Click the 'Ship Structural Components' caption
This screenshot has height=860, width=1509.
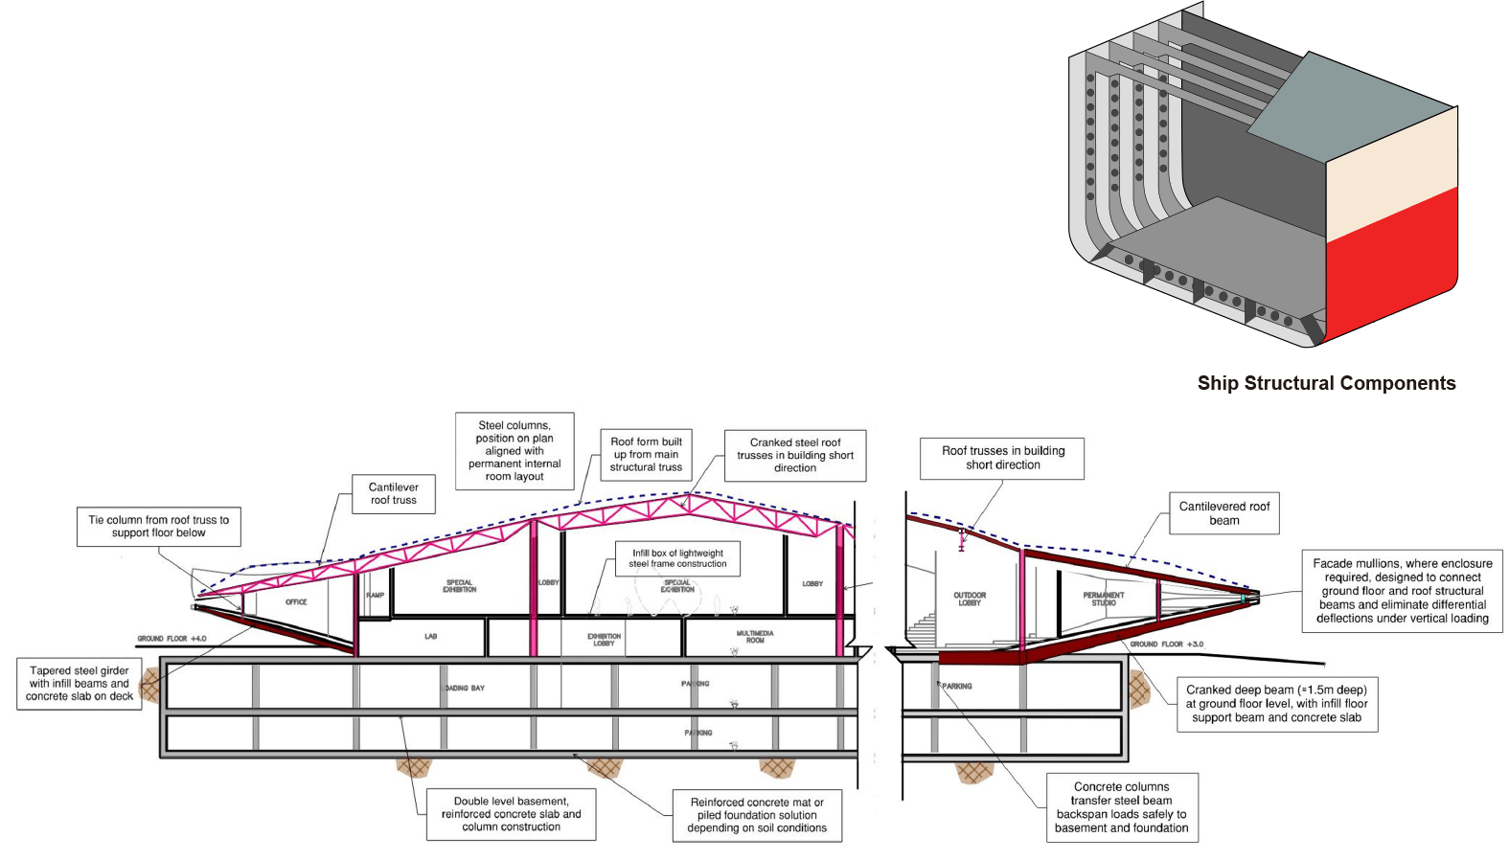coord(1326,383)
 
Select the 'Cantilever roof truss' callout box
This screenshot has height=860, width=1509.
coord(394,494)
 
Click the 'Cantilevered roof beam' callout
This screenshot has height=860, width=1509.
coord(1223,513)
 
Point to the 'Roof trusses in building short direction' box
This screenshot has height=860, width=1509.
coord(1002,458)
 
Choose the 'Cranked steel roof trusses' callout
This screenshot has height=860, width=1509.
coord(795,455)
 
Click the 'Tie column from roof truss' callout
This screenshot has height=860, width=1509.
coord(158,527)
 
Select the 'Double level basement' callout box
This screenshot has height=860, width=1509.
coord(511,814)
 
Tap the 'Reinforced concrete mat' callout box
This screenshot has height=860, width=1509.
coord(757,815)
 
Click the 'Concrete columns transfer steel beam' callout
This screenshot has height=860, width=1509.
coord(1121,807)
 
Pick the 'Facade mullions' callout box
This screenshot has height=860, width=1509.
coord(1402,591)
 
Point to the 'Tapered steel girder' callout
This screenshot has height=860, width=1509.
coord(80,684)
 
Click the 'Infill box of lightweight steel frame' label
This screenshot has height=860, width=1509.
coord(677,558)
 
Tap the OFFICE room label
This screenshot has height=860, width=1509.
coord(296,602)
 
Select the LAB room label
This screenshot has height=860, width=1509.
coord(430,637)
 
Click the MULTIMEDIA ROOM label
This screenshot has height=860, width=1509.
coord(755,637)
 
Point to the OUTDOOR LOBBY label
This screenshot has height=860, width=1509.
coord(970,599)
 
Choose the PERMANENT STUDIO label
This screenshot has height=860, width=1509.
coord(1103,599)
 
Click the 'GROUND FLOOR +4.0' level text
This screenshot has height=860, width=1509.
coord(171,639)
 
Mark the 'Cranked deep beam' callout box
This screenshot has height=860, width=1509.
coord(1276,704)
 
